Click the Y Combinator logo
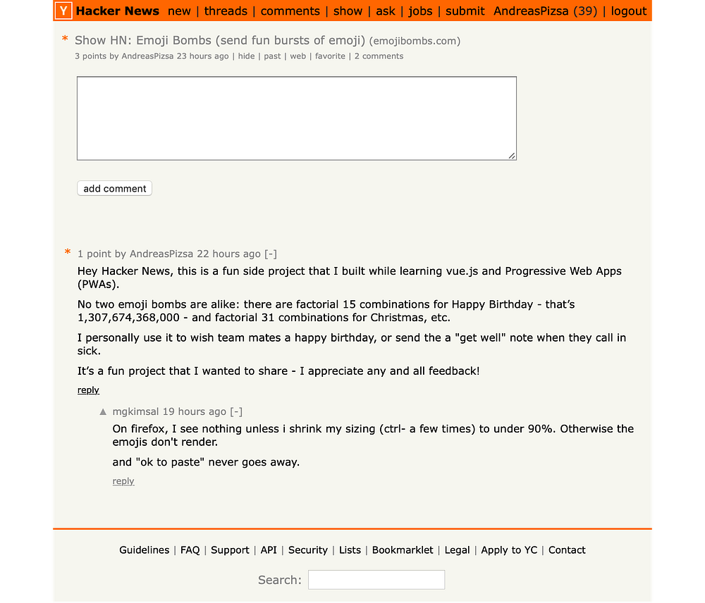[64, 11]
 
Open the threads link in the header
[226, 11]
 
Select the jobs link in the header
[420, 11]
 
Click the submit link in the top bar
[465, 11]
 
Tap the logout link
[629, 11]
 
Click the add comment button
[114, 189]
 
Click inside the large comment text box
[296, 118]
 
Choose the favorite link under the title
[330, 56]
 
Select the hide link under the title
[246, 56]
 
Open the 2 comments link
[379, 56]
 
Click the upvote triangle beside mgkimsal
[103, 411]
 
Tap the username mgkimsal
[135, 411]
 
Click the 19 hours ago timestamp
[195, 411]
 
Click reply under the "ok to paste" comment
[123, 481]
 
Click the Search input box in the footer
[376, 580]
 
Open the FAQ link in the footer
[190, 550]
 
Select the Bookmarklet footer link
[403, 550]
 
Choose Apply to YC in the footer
[509, 550]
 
